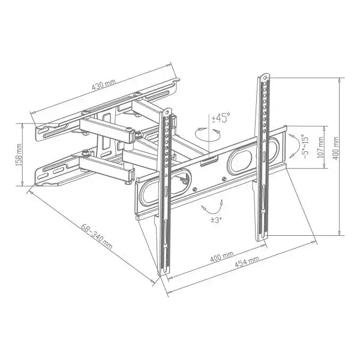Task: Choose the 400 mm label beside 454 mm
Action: click(221, 257)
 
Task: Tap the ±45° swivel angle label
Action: click(220, 118)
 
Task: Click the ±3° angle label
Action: click(216, 220)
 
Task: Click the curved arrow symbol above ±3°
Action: click(210, 208)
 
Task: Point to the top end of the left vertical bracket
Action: click(169, 112)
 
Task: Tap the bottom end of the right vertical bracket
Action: click(262, 238)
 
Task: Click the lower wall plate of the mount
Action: click(54, 175)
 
